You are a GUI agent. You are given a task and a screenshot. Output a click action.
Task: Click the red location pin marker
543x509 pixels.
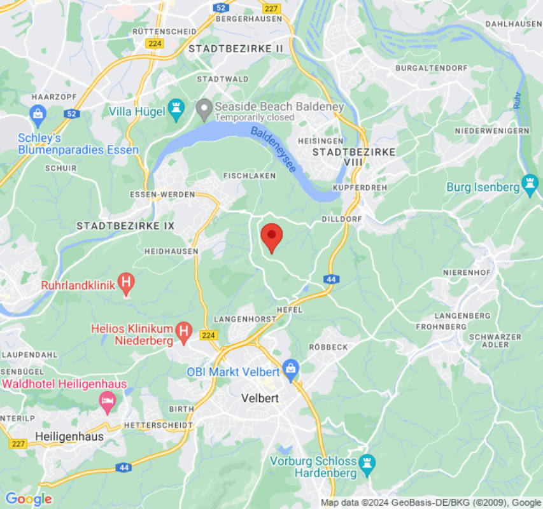272,237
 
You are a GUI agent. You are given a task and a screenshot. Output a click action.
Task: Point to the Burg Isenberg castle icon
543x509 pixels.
529,184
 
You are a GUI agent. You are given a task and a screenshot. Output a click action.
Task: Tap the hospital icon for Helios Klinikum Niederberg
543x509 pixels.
184,331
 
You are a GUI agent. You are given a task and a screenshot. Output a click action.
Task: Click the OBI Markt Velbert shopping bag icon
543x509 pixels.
291,369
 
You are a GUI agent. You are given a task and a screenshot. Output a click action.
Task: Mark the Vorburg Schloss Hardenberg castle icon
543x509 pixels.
367,464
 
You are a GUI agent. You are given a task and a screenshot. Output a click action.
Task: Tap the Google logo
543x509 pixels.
28,499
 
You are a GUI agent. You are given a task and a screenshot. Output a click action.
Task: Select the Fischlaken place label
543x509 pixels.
250,175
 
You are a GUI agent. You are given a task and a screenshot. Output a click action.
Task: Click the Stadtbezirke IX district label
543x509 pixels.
125,226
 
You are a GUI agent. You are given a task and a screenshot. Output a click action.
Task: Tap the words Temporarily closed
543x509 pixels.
255,118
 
